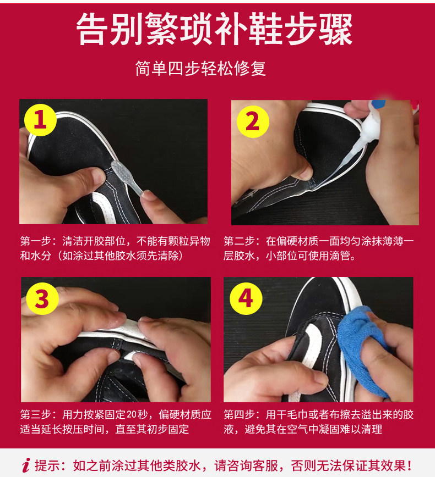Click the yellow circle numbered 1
click(40, 120)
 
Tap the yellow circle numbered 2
click(253, 121)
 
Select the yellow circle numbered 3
click(42, 299)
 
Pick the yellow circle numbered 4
click(246, 299)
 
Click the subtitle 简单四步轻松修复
click(200, 68)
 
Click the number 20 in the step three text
click(132, 414)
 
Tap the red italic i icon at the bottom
click(26, 465)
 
